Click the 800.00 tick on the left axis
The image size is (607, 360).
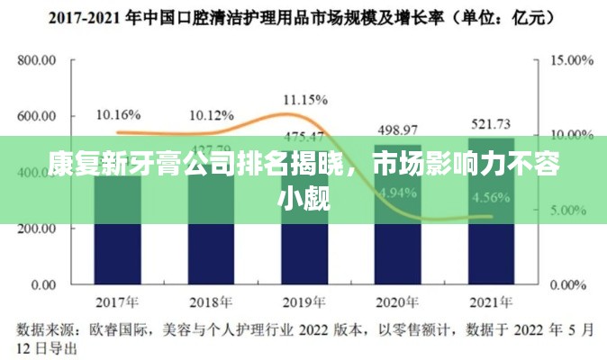tap(37, 61)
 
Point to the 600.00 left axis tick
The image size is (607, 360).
tap(37, 117)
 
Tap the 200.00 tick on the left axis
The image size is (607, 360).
tap(37, 229)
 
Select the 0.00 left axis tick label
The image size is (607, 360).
tap(43, 285)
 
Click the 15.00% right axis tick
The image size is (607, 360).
tap(571, 60)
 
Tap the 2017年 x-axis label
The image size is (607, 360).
tap(117, 301)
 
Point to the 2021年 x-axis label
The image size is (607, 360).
tap(491, 301)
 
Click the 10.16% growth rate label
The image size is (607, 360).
tap(118, 114)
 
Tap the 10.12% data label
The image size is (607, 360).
tap(212, 115)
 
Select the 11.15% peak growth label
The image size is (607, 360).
tap(304, 99)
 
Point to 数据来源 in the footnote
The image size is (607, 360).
tap(45, 328)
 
